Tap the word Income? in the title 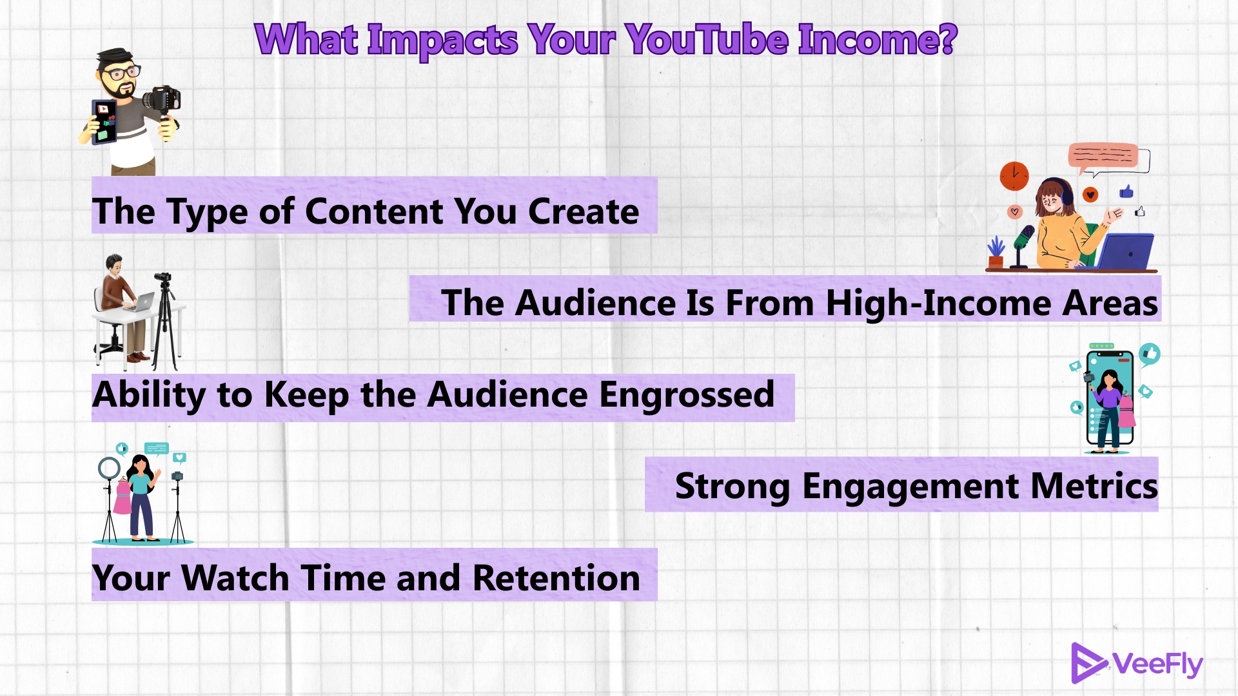pyautogui.click(x=878, y=40)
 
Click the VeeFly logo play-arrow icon pyautogui.click(x=1087, y=662)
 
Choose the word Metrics pyautogui.click(x=1094, y=486)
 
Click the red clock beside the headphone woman pyautogui.click(x=1014, y=175)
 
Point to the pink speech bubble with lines pyautogui.click(x=1103, y=155)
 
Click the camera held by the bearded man pyautogui.click(x=162, y=99)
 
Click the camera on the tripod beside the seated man pyautogui.click(x=163, y=278)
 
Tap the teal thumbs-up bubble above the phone pyautogui.click(x=1150, y=354)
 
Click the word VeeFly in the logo pyautogui.click(x=1157, y=664)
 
